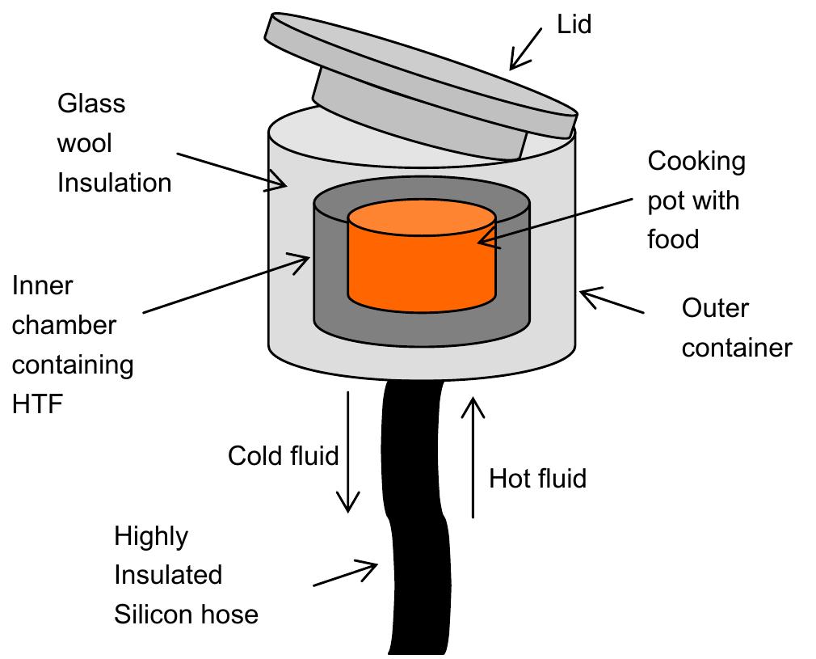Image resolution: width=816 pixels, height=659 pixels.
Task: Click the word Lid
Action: click(574, 24)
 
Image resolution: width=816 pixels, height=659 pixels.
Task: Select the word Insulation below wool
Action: click(114, 183)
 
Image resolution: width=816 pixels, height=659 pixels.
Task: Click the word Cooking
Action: click(696, 161)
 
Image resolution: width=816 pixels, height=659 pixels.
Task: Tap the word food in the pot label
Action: click(673, 239)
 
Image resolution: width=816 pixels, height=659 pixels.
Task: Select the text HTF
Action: click(37, 403)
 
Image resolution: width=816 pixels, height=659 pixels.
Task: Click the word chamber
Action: click(65, 325)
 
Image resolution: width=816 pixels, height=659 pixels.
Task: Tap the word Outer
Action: click(715, 308)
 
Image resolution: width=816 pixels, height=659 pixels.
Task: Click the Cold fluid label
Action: click(283, 455)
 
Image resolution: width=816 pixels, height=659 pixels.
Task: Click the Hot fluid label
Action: click(537, 478)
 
